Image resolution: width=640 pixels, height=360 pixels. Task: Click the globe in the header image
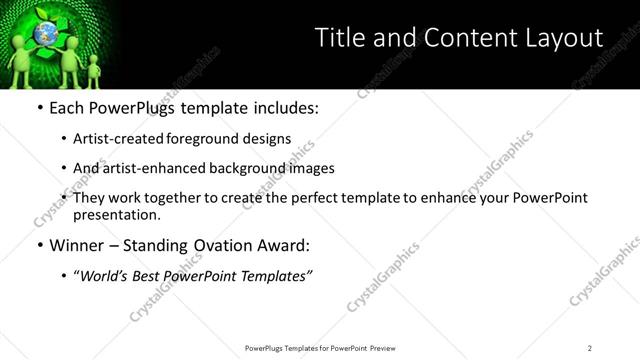pyautogui.click(x=45, y=35)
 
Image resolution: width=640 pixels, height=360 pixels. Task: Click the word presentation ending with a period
pyautogui.click(x=116, y=215)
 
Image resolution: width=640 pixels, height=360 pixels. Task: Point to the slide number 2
pyautogui.click(x=590, y=348)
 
